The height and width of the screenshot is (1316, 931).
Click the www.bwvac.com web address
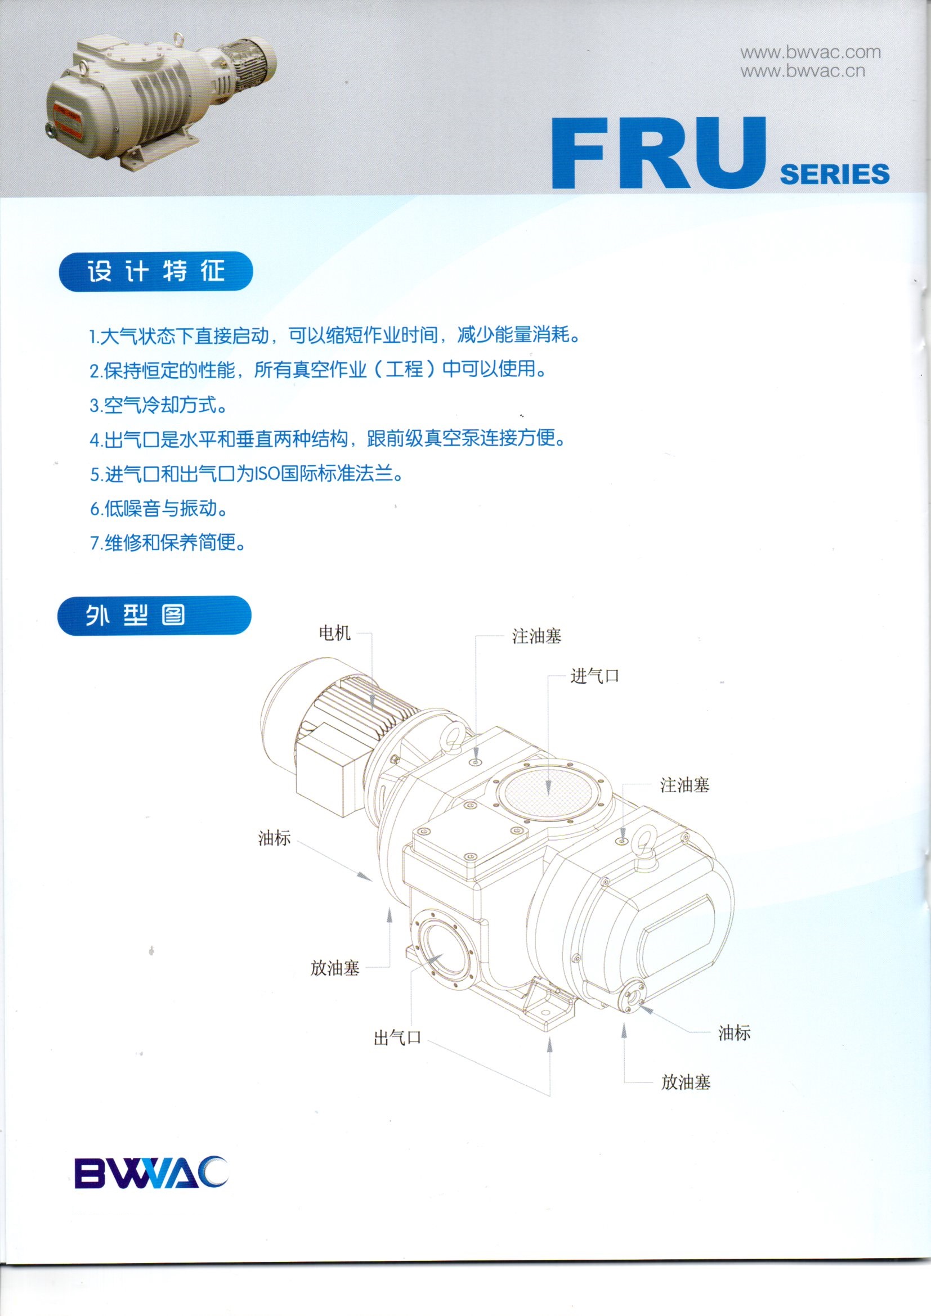click(810, 53)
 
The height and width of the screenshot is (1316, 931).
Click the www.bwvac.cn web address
click(803, 71)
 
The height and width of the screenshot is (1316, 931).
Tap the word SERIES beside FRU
click(835, 174)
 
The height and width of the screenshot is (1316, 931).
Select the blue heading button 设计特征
click(155, 272)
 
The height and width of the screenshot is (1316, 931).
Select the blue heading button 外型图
click(154, 616)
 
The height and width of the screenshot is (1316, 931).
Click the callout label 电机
click(335, 634)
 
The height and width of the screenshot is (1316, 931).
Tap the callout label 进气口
click(594, 676)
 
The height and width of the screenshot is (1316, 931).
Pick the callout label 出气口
click(397, 1037)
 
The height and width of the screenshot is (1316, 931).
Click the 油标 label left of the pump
click(274, 838)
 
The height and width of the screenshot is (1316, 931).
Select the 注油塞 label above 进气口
click(536, 636)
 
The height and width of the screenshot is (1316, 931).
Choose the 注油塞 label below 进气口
click(684, 785)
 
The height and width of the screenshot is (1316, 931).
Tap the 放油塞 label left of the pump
click(335, 968)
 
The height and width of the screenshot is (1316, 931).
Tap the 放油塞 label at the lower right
click(686, 1082)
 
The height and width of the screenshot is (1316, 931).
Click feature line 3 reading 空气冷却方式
click(158, 405)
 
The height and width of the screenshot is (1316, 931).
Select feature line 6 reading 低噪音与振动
click(159, 509)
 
